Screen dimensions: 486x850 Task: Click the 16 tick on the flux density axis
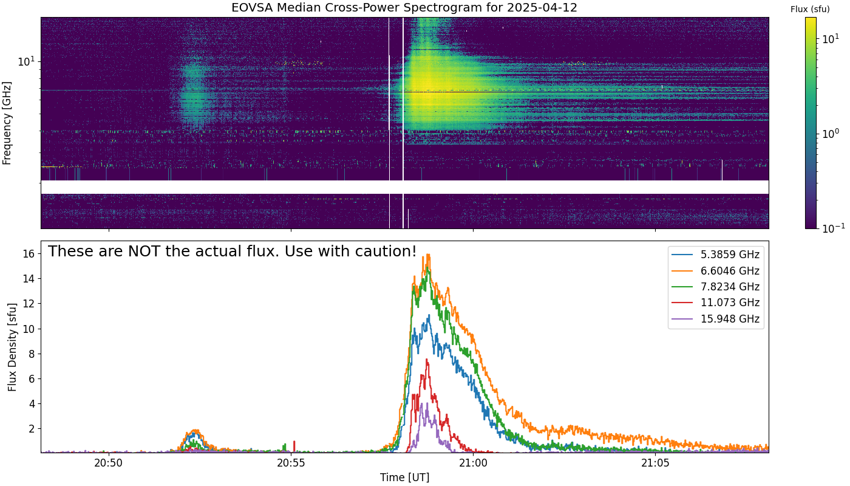coord(29,254)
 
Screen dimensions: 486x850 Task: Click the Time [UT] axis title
coord(404,477)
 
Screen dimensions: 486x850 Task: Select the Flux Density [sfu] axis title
coord(12,347)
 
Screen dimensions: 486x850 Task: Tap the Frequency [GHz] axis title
coord(7,123)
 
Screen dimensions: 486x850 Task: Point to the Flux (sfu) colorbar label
coord(810,9)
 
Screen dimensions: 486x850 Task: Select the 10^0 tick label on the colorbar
coord(830,133)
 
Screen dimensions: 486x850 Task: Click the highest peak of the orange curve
coord(429,255)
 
